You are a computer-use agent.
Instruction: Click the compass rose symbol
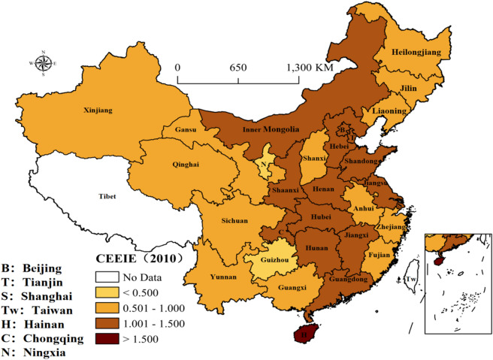(42, 63)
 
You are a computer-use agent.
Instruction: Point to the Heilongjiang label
(415, 52)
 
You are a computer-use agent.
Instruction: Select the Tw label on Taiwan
(410, 279)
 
